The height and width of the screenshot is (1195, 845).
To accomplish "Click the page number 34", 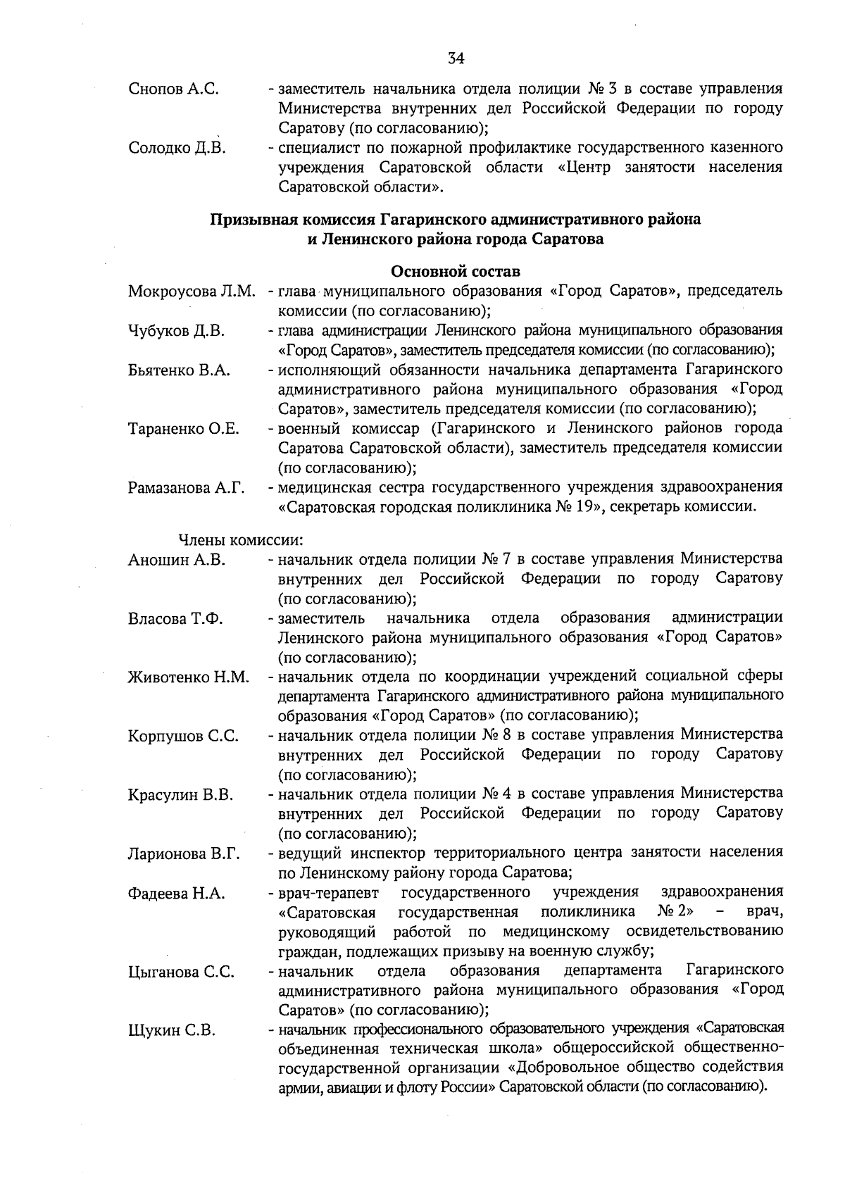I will pyautogui.click(x=456, y=58).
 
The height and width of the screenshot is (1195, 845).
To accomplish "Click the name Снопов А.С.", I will pyautogui.click(x=174, y=89).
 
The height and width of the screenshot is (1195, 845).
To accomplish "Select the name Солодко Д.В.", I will pyautogui.click(x=176, y=149).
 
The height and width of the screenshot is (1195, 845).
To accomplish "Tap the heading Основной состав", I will pyautogui.click(x=456, y=272).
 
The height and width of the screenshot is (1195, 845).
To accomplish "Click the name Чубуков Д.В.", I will pyautogui.click(x=176, y=331).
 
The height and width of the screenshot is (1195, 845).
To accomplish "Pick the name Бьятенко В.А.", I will pyautogui.click(x=179, y=370).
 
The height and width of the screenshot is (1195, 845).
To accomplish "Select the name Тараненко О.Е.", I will pyautogui.click(x=184, y=429).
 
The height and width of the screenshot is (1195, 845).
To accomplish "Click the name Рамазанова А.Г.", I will pyautogui.click(x=186, y=488).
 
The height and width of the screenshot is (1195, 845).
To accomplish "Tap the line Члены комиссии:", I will pyautogui.click(x=240, y=541).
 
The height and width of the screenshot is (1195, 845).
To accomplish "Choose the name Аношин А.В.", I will pyautogui.click(x=176, y=561).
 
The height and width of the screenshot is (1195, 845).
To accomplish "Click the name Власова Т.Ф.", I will pyautogui.click(x=176, y=619).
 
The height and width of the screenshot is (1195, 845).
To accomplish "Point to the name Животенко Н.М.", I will pyautogui.click(x=189, y=677).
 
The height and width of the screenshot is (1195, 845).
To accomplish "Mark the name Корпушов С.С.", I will pyautogui.click(x=183, y=737).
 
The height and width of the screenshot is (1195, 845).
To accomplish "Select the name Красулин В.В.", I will pyautogui.click(x=180, y=795).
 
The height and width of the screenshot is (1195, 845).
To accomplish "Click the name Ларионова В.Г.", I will pyautogui.click(x=184, y=854).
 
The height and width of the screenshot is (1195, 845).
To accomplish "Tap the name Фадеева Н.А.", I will pyautogui.click(x=176, y=894).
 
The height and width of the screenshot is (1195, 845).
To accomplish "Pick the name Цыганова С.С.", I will pyautogui.click(x=181, y=972).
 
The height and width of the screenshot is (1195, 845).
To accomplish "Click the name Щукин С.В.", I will pyautogui.click(x=171, y=1031).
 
